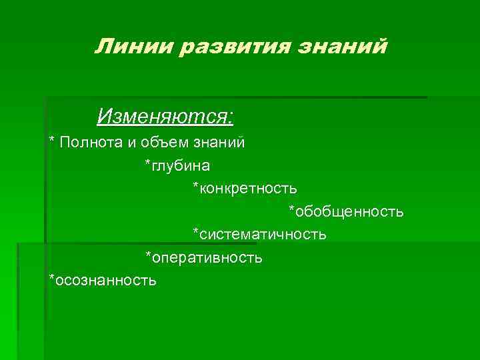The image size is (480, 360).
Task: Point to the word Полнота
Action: [x=87, y=142]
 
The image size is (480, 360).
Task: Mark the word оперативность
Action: [x=207, y=257]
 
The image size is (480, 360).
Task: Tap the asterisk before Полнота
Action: [x=52, y=141]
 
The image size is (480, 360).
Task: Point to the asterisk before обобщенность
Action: [x=291, y=210]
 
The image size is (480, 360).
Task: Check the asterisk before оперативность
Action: [x=149, y=255]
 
